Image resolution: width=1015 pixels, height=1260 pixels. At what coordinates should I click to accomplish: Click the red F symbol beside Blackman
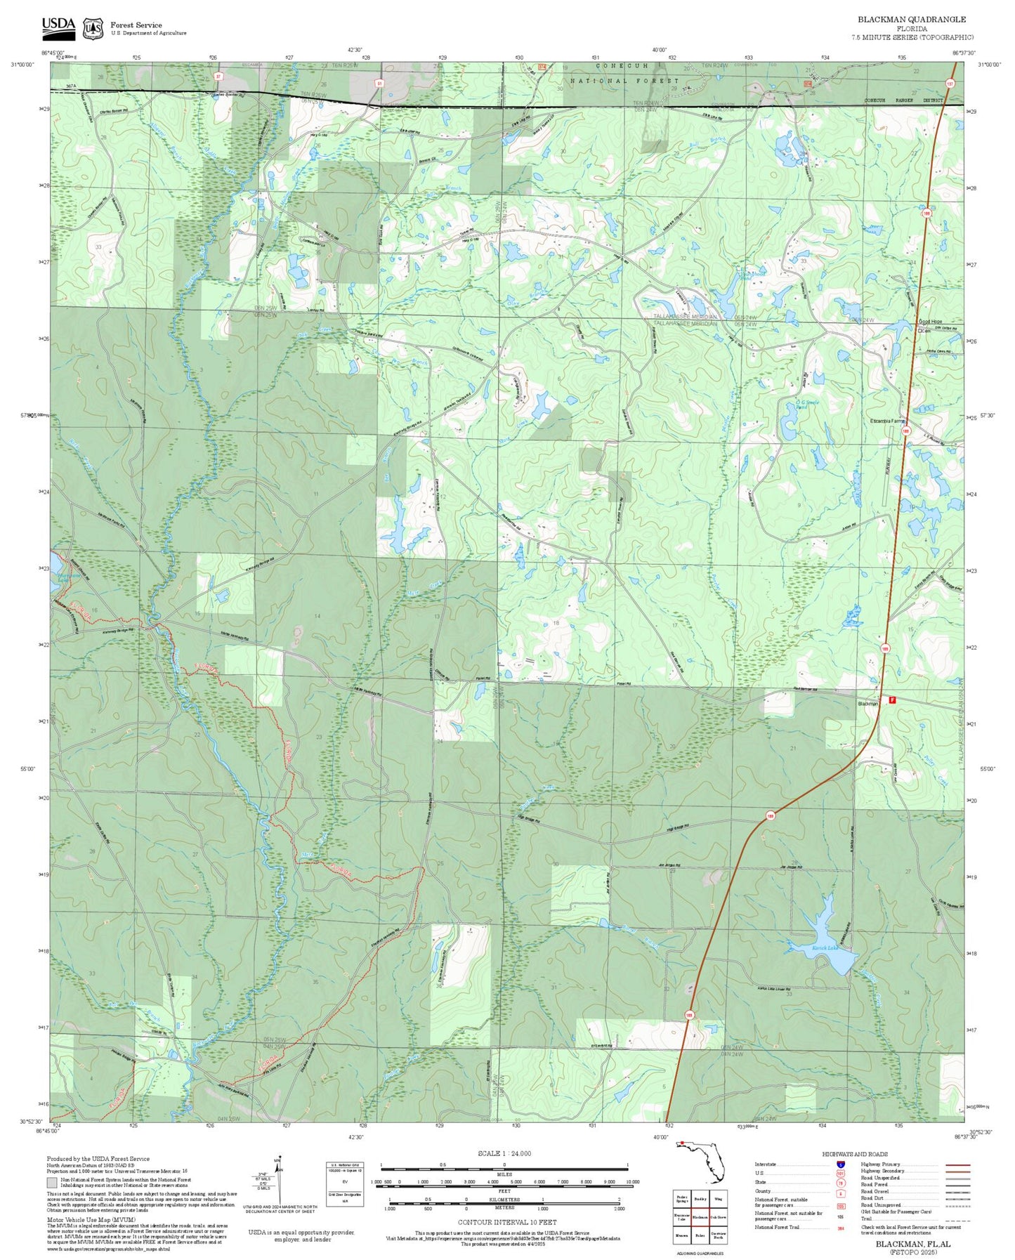point(892,700)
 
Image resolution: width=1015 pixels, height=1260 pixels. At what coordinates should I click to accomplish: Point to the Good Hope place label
point(931,322)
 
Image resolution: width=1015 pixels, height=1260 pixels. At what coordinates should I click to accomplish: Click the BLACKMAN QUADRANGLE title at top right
point(911,19)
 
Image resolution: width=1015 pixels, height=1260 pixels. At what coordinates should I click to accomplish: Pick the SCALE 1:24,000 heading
point(504,1153)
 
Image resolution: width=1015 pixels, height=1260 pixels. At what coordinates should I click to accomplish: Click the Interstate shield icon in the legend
point(840,1164)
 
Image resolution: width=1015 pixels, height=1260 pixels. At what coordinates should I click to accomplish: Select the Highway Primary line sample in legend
point(958,1164)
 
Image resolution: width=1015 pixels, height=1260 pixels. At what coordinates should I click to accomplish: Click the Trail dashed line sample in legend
point(958,1220)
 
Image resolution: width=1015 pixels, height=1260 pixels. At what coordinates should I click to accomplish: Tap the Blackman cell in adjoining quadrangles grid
point(700,1216)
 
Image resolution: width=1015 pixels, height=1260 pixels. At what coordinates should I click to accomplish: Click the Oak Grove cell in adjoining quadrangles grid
point(718,1216)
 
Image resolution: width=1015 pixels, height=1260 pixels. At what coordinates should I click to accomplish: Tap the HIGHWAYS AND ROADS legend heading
point(855,1154)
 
